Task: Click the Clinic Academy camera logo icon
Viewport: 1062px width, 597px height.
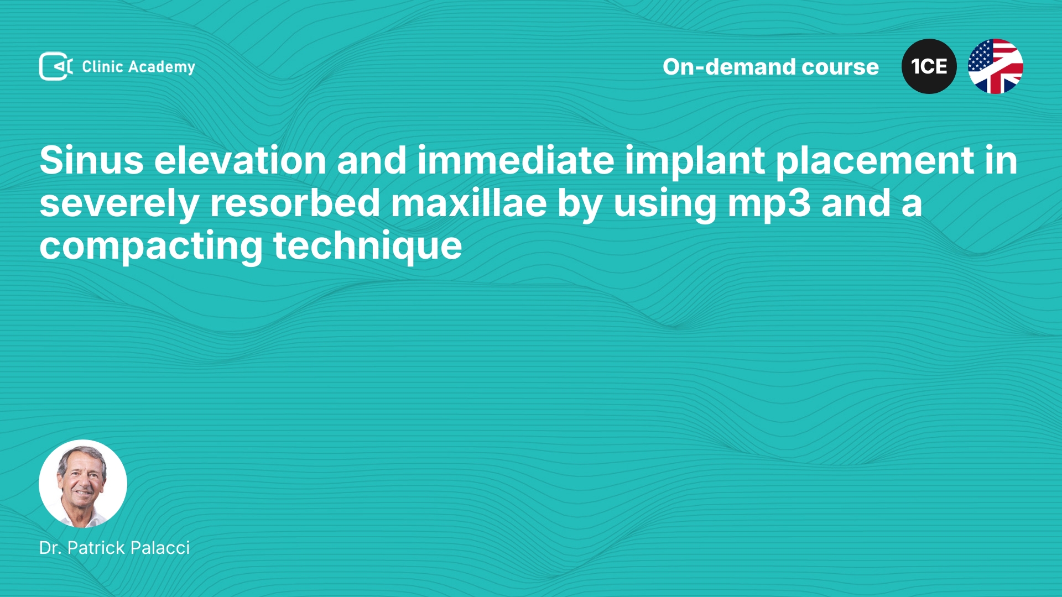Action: pos(56,66)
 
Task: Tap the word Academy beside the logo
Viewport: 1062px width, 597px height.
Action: pos(162,67)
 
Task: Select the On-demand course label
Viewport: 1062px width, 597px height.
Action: pos(771,67)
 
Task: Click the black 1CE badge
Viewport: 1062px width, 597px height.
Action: pos(929,66)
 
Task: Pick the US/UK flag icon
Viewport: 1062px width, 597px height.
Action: pos(996,66)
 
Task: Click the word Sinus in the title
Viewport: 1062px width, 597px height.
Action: pos(91,160)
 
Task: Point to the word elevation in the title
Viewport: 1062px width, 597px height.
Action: pos(240,160)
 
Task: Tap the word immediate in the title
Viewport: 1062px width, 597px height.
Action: pos(516,160)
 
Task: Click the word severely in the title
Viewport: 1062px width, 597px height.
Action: pos(119,205)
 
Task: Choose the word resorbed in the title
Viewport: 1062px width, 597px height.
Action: pos(295,203)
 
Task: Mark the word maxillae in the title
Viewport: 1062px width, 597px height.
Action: pos(469,203)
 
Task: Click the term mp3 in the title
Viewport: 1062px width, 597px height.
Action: pos(769,205)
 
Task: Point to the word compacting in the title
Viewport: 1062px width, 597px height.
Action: pos(151,247)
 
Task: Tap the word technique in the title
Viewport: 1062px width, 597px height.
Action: pos(368,247)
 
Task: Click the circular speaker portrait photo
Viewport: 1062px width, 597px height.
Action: pos(83,484)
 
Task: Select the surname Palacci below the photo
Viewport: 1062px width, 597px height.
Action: pos(160,548)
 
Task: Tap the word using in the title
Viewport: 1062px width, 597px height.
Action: pos(665,205)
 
